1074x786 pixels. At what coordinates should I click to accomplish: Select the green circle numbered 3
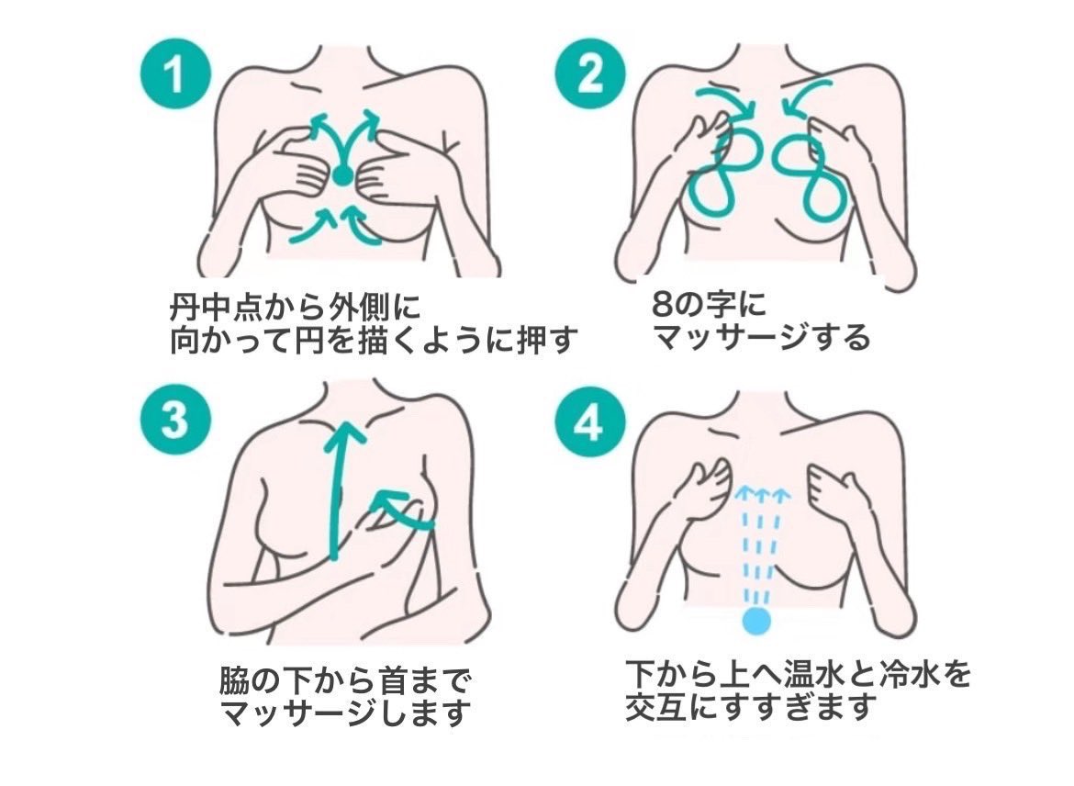tap(174, 421)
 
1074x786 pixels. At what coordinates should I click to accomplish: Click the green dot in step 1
tap(341, 174)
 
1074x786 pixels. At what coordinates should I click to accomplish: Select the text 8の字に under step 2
tap(708, 304)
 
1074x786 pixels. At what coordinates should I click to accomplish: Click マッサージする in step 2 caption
tap(761, 339)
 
